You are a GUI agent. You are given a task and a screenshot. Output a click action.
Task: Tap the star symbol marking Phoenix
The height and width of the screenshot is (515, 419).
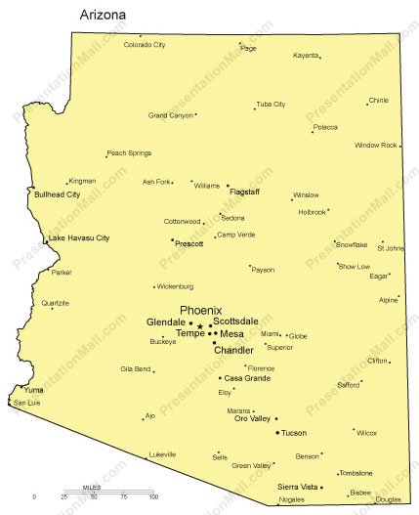[x=200, y=326]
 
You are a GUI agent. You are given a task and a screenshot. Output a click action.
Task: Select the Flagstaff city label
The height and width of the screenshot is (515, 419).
[x=250, y=192]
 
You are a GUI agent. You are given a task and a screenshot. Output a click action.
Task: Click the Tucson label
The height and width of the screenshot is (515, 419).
[x=294, y=432]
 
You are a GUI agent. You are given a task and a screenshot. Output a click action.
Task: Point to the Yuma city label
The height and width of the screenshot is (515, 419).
[x=33, y=390]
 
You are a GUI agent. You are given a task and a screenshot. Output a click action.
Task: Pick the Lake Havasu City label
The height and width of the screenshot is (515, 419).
[x=78, y=238]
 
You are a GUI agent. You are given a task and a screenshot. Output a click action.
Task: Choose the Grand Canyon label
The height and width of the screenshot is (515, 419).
[x=170, y=115]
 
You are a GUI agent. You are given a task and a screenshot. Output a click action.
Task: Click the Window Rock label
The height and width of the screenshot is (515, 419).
[x=375, y=146]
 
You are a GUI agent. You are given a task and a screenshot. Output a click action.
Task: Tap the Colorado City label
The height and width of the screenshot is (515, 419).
[x=145, y=45]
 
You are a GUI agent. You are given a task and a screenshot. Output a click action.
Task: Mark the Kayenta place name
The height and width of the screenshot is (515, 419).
[x=306, y=56]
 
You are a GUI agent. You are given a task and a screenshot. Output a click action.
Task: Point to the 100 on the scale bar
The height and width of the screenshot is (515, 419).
[x=152, y=498]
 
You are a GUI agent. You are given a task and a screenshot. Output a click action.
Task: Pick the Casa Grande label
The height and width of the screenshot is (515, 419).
[x=247, y=378]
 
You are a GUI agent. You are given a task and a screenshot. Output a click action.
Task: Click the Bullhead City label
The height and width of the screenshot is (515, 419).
[x=57, y=194]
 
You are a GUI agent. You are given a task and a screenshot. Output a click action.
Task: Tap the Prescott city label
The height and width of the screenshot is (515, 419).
[x=189, y=243]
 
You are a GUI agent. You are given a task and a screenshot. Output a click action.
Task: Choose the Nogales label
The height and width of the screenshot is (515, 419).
[x=291, y=499]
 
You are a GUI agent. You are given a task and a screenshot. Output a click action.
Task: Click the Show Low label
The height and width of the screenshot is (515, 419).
[x=356, y=266]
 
